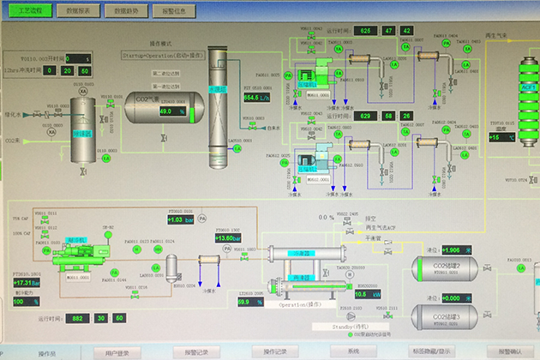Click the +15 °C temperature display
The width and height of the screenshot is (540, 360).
pos(501,137)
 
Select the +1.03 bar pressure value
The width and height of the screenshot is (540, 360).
pos(176,220)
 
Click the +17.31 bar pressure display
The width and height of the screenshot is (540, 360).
pos(27,283)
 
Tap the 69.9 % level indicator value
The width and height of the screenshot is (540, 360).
pos(249,302)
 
